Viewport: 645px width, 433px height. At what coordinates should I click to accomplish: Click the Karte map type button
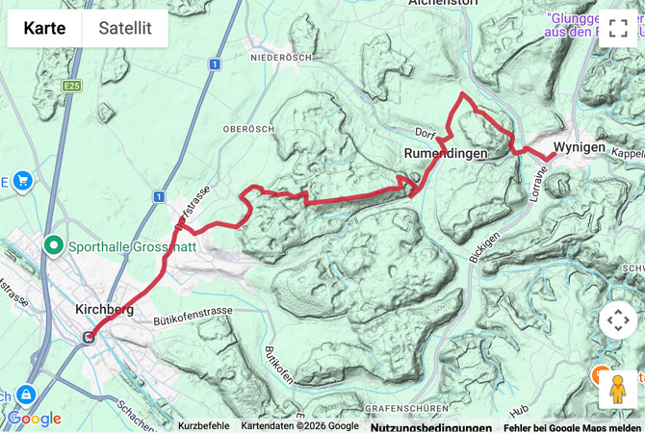(45, 28)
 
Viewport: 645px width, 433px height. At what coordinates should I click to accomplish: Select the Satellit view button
(125, 28)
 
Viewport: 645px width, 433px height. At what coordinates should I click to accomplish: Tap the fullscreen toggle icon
(617, 28)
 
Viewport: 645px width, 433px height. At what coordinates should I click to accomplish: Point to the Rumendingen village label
(445, 153)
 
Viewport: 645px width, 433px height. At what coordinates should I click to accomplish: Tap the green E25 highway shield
(70, 86)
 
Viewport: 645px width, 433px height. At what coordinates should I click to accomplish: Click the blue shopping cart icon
(21, 180)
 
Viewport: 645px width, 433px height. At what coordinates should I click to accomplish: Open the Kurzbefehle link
(204, 425)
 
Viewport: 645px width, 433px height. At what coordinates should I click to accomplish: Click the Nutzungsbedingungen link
(430, 426)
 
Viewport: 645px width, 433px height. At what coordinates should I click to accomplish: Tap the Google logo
(34, 419)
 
